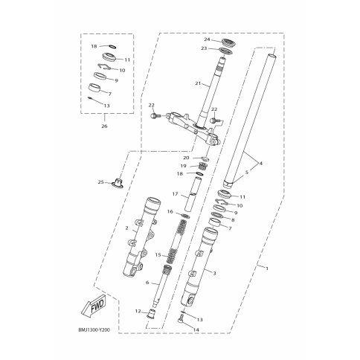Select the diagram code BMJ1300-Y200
94,330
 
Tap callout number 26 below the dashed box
104,126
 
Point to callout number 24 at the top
207,39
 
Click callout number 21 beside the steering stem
198,83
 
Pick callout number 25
100,182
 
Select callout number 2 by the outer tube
127,228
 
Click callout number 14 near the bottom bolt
196,330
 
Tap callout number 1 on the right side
267,269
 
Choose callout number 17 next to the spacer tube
175,194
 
